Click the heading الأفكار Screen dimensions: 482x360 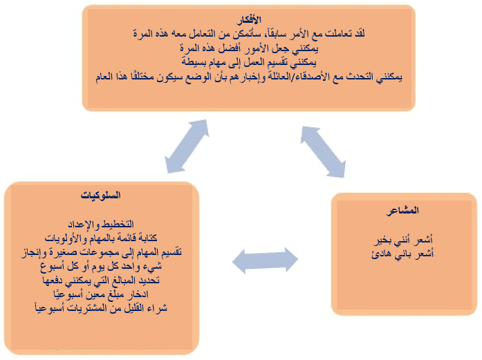click(249, 20)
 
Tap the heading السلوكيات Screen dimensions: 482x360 click(100, 195)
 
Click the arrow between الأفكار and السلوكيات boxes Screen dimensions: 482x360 click(187, 146)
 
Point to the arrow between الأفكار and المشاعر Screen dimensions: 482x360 click(323, 152)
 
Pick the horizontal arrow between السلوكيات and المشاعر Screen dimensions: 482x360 click(265, 260)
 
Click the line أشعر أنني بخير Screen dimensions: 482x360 click(402, 240)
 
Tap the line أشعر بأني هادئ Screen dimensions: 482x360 click(402, 254)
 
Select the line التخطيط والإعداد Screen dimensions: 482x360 click(101, 225)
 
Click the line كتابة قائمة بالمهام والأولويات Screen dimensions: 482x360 click(101, 238)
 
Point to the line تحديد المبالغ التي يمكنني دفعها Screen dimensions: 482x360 click(101, 280)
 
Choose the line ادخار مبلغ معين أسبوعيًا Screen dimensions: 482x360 click(101, 294)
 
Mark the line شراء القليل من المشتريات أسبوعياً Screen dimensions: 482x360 click(101, 307)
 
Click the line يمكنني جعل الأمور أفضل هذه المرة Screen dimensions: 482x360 click(249, 48)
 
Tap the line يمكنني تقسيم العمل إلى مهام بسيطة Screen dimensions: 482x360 click(249, 62)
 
